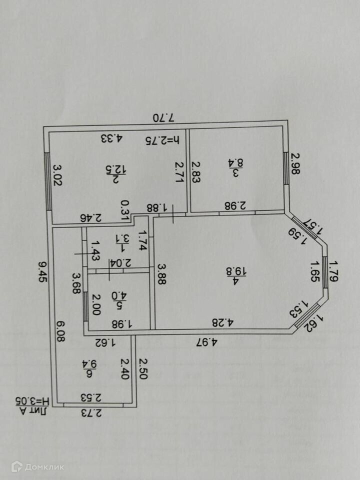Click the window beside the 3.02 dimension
48,181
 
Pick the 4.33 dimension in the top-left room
111,139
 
